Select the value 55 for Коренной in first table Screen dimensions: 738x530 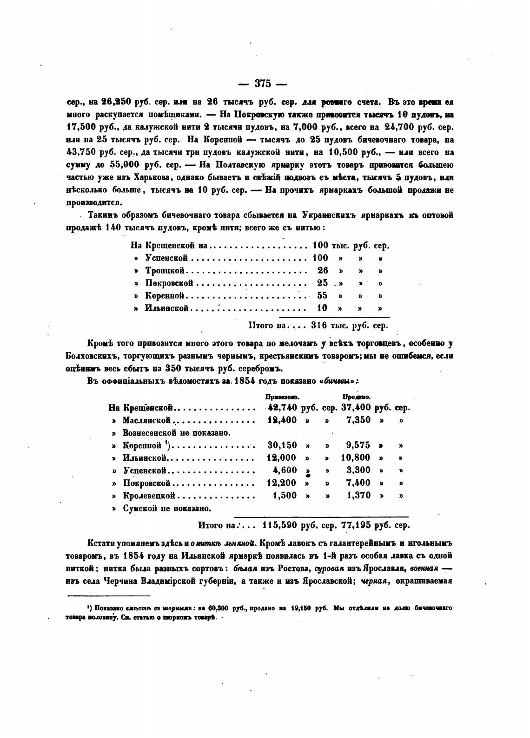(x=322, y=295)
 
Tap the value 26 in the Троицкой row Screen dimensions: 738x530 (x=322, y=270)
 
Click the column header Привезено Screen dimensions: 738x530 (x=281, y=398)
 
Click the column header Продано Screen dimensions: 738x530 (x=356, y=398)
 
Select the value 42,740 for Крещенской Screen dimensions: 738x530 (x=283, y=408)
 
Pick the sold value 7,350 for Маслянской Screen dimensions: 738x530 (x=359, y=420)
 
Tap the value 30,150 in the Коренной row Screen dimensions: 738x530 (x=282, y=445)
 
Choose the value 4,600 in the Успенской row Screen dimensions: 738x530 (x=285, y=470)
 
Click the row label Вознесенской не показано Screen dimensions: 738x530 (x=177, y=433)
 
